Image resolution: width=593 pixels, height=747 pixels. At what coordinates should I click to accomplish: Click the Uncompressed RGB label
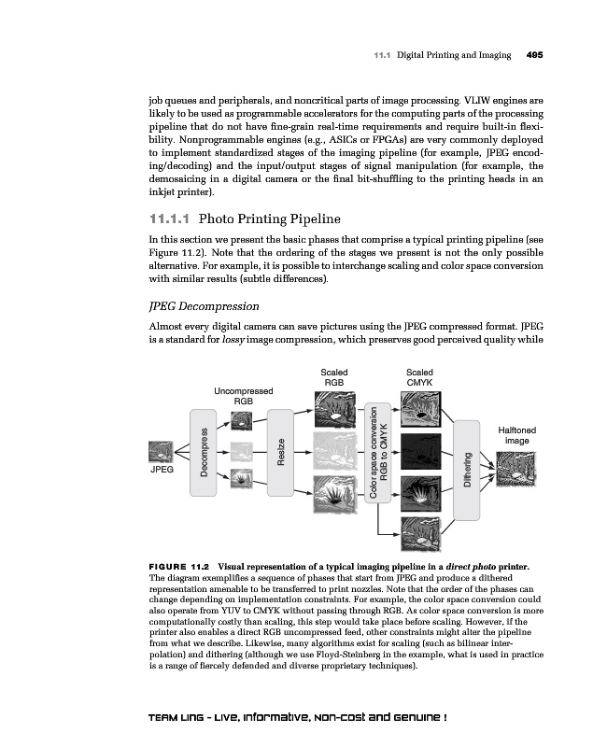coord(243,396)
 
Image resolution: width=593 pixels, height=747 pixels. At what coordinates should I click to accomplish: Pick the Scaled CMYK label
coord(419,377)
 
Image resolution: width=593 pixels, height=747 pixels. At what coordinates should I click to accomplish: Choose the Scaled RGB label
coord(334,377)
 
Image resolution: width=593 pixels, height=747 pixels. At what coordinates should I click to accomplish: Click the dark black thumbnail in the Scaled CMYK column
coord(419,447)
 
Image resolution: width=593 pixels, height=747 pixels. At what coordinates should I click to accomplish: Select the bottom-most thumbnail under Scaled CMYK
coord(419,533)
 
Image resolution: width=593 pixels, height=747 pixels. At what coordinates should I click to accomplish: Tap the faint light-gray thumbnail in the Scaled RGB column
coord(334,447)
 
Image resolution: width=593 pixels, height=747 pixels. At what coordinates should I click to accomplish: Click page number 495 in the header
coord(535,55)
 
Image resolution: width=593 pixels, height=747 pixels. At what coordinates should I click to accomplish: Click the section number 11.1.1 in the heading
coord(169,220)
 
